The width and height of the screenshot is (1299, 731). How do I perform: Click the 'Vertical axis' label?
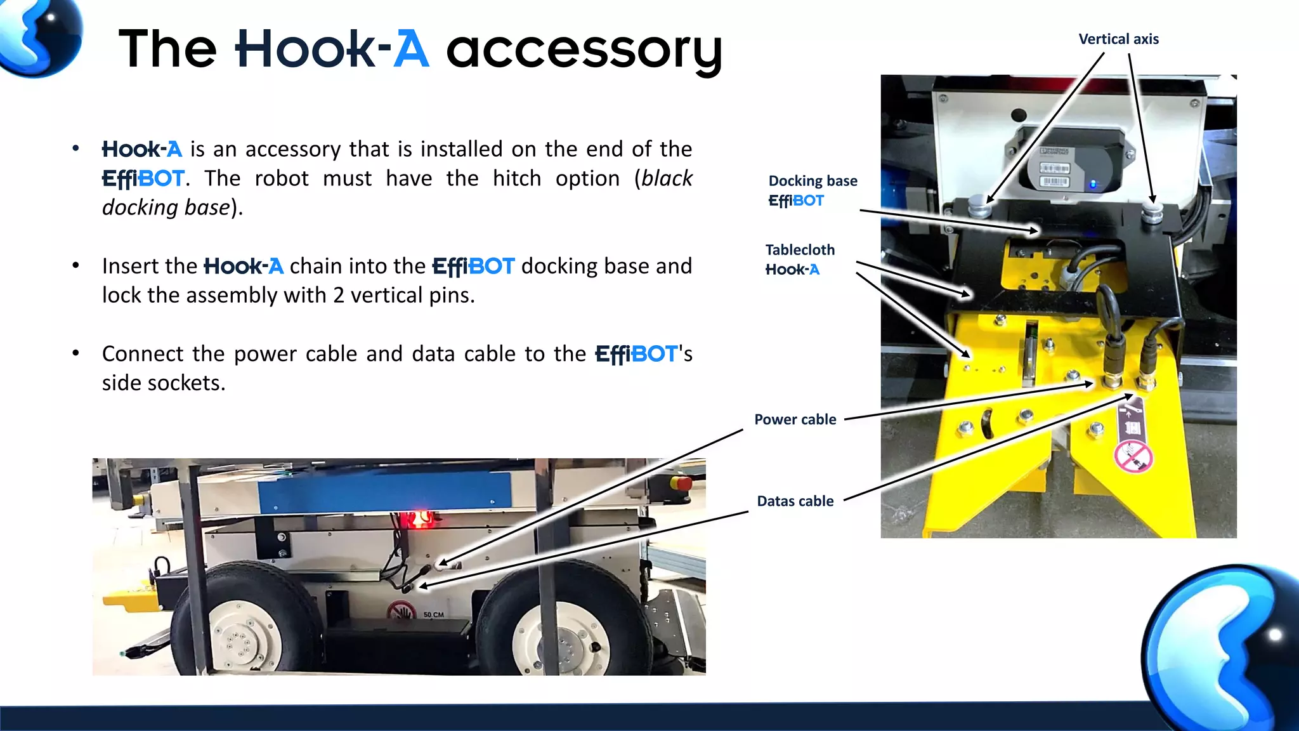coord(1118,39)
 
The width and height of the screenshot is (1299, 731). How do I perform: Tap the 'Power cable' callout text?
coord(795,419)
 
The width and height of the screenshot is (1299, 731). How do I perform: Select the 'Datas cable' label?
coord(795,501)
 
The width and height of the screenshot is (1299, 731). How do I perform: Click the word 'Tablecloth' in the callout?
coord(800,250)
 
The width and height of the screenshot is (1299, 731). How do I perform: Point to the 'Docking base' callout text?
coord(813,181)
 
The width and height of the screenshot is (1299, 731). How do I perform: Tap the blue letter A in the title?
coord(411,49)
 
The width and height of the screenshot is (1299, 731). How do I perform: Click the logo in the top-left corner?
coord(39,37)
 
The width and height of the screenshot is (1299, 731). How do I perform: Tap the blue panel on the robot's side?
coord(384,492)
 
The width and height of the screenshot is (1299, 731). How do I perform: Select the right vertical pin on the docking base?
coord(1152,211)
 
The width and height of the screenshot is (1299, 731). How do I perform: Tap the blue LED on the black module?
coord(1092,185)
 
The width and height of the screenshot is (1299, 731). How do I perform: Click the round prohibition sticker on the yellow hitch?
coord(1133,457)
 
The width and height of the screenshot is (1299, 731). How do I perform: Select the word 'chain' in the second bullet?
coord(316,266)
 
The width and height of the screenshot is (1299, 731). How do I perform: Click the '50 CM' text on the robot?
coord(434,615)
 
